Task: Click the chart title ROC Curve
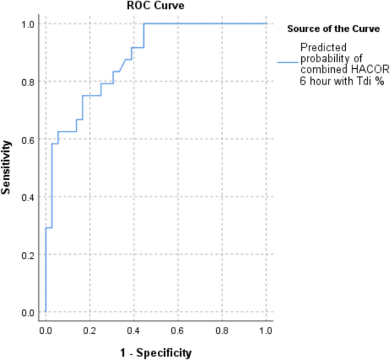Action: (x=155, y=6)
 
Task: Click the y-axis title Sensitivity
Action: (x=7, y=168)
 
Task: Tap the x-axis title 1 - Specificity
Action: (x=155, y=353)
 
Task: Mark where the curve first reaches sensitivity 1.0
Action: (x=145, y=24)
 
